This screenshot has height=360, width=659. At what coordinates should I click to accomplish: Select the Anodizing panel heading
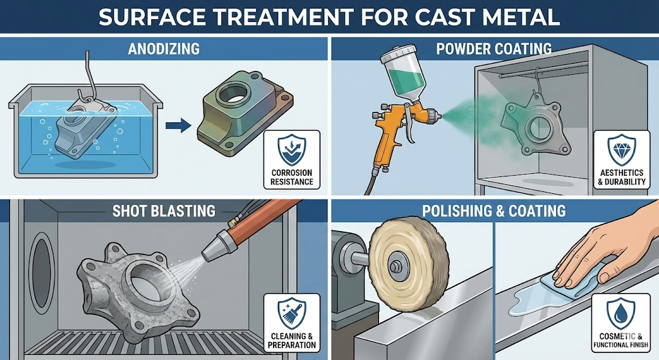[164, 48]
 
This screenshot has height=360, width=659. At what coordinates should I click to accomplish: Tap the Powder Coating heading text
[494, 48]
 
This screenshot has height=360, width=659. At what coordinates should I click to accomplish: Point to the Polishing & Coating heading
[494, 211]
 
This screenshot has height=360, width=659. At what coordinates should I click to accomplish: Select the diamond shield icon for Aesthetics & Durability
[620, 150]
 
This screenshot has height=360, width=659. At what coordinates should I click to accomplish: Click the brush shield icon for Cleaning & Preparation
[292, 312]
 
